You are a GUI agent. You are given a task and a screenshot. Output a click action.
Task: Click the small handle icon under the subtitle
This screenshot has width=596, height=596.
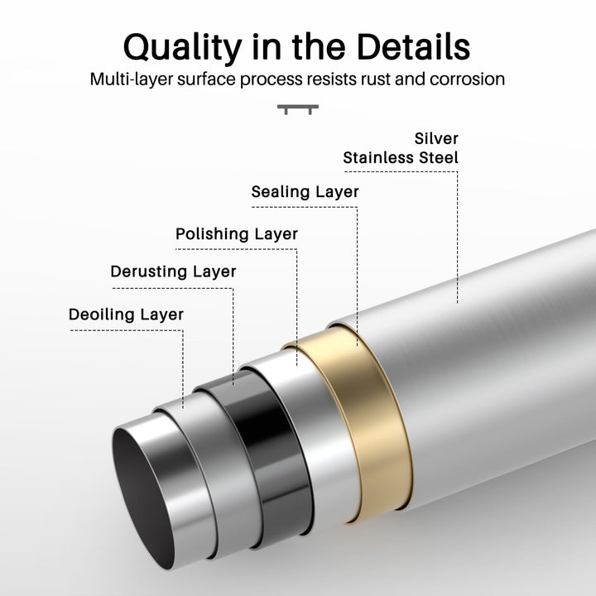pos(298,108)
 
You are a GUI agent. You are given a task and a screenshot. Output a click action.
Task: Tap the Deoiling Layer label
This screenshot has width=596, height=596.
pos(127,315)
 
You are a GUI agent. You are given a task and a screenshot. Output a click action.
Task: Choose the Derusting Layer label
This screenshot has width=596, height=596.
pos(174,272)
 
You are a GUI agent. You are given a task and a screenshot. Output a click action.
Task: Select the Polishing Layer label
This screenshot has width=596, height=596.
pos(237,234)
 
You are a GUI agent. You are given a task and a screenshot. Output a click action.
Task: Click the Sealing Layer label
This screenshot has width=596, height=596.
pos(305,192)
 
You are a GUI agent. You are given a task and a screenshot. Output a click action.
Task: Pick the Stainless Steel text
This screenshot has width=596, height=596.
pos(401,156)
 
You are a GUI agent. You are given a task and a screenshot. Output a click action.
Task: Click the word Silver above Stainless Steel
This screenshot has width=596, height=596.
pos(436,138)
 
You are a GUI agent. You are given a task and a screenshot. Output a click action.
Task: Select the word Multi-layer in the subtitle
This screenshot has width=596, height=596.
pos(130,80)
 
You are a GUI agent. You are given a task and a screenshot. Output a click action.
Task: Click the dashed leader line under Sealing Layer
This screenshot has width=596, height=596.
pos(357,265)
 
